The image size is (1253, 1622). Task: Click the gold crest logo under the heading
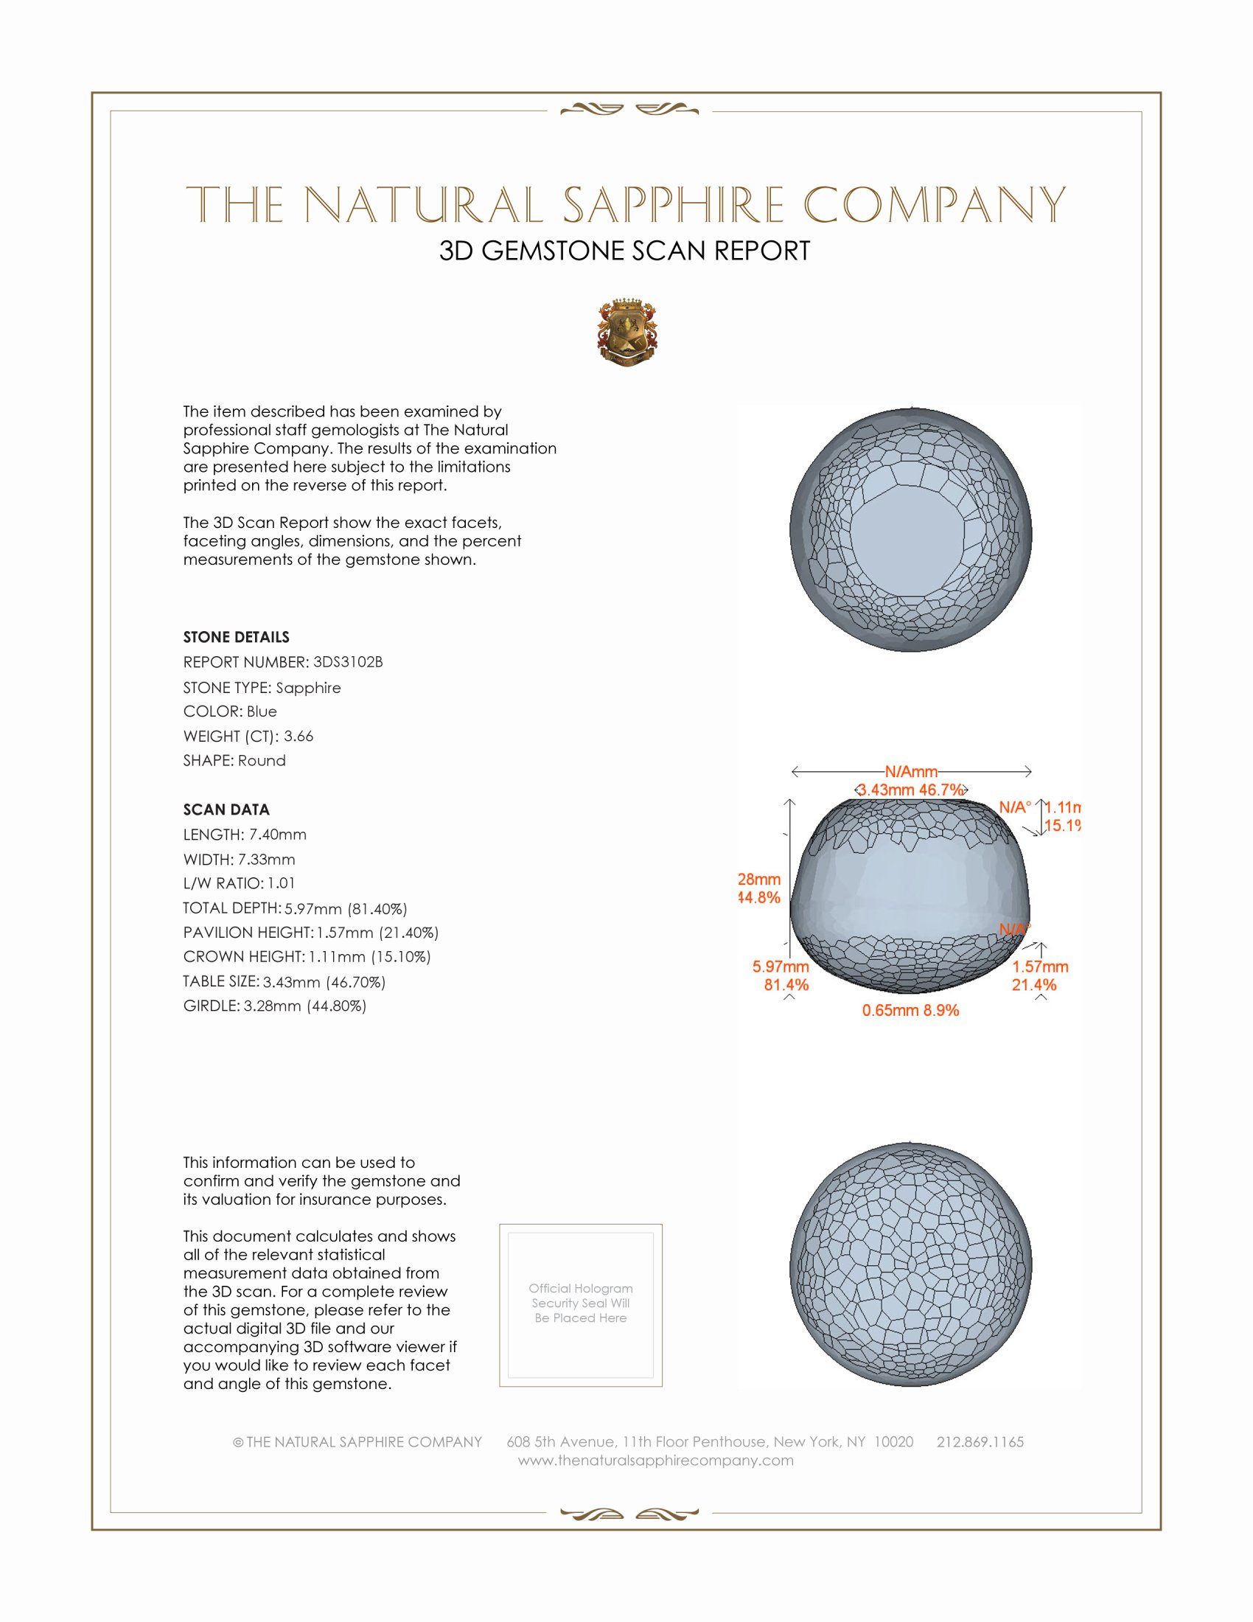627,333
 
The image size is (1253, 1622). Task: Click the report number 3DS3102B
347,662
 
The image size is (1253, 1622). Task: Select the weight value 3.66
299,736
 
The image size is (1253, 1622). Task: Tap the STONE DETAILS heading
236,637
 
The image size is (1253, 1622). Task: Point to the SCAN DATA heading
226,810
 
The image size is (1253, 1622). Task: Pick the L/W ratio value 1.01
282,883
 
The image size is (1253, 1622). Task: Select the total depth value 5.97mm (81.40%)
346,908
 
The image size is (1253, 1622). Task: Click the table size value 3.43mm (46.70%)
324,982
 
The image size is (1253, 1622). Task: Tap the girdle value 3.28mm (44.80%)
305,1006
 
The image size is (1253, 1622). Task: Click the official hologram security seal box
581,1305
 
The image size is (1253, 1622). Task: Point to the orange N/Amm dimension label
911,772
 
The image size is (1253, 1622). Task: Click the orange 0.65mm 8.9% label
910,1010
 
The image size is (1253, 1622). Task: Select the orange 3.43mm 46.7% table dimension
911,790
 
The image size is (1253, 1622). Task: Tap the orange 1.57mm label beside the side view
1040,967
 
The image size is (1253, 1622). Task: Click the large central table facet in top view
907,533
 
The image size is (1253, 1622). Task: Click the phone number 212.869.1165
980,1441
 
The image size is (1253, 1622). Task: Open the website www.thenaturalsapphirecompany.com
655,1460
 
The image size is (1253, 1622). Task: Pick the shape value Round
262,761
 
